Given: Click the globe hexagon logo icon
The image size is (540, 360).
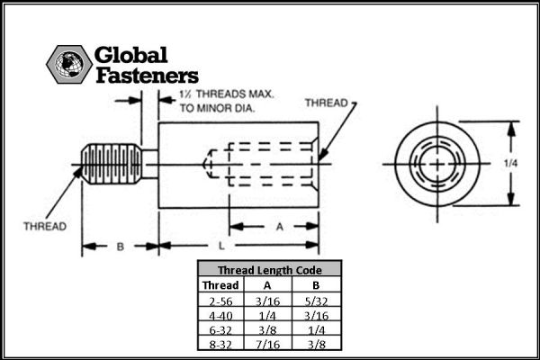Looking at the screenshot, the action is tap(69, 64).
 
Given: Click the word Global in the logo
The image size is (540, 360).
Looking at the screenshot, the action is tap(130, 55).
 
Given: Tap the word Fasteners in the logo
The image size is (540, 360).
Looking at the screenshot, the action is tap(147, 76).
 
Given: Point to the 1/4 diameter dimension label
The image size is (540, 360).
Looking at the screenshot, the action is tap(510, 163).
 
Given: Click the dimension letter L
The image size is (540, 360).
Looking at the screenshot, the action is tap(221, 246).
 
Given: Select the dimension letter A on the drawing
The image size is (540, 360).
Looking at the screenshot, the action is tap(280, 227).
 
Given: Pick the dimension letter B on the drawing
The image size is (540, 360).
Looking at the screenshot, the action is tap(120, 247).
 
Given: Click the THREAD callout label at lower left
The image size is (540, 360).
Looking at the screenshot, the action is tap(45, 226).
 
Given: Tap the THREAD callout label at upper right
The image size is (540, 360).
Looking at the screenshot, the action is tap(326, 103).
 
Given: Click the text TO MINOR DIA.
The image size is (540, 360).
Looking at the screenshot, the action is tap(217, 108).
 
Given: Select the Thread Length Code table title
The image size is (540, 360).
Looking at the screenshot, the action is tap(270, 270).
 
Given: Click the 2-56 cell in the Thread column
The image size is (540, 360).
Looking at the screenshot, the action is tap(220, 301).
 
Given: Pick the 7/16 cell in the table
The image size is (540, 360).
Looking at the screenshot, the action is tap(268, 344).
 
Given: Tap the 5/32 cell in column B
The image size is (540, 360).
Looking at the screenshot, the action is tap(316, 301).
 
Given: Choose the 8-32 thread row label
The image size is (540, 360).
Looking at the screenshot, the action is tap(220, 344).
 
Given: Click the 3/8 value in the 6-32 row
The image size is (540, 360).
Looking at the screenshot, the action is tap(267, 330).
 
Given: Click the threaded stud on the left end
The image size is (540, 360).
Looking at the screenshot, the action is tap(112, 164).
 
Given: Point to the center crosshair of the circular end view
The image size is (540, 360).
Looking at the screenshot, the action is tap(437, 164).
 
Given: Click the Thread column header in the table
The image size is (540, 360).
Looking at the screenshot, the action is tap(220, 285).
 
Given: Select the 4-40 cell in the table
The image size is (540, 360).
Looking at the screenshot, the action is tap(220, 316).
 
